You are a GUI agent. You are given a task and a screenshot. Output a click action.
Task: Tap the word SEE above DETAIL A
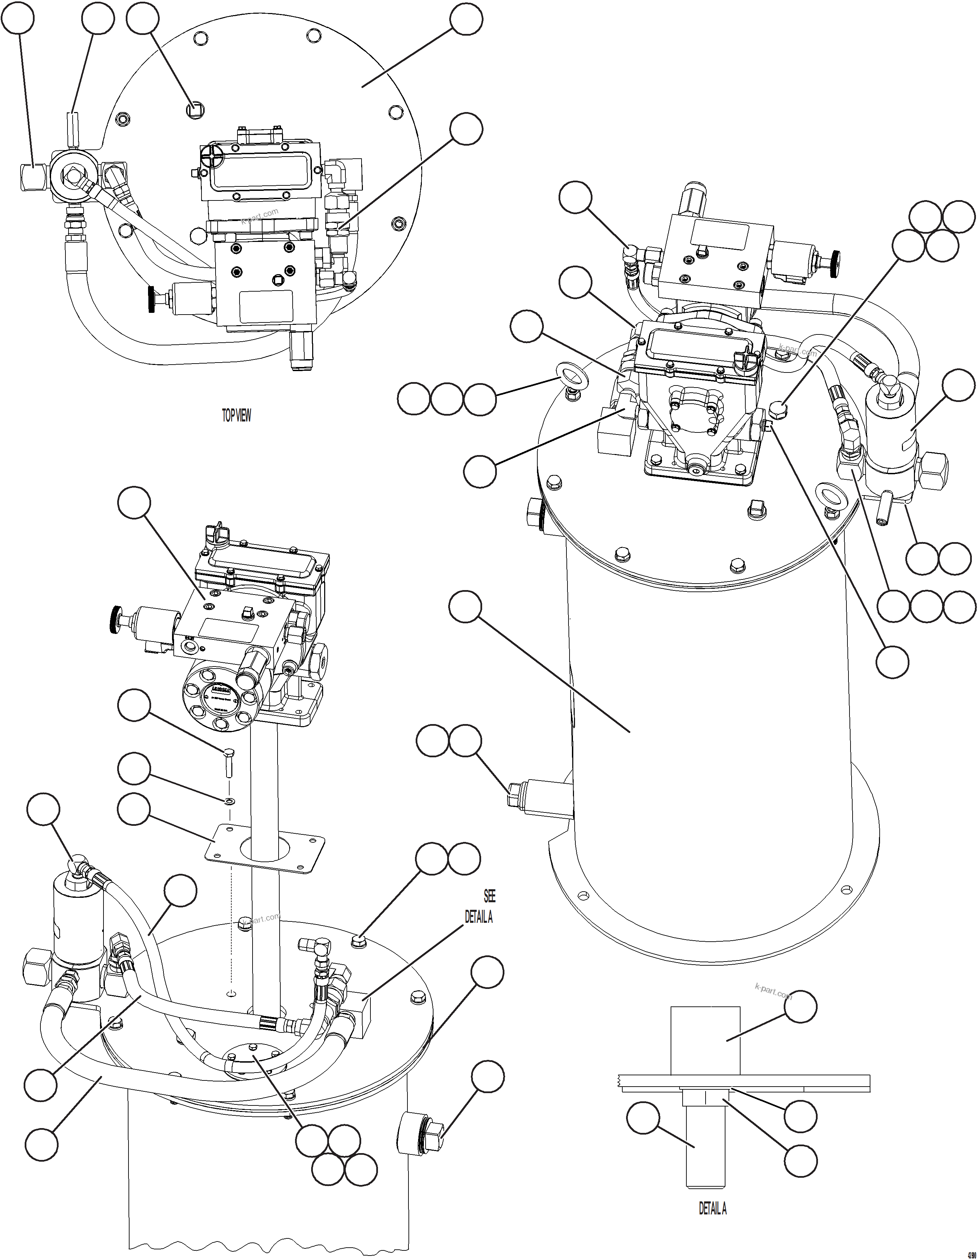point(489,896)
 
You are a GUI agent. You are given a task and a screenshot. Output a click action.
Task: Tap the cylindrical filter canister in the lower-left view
point(77,926)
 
